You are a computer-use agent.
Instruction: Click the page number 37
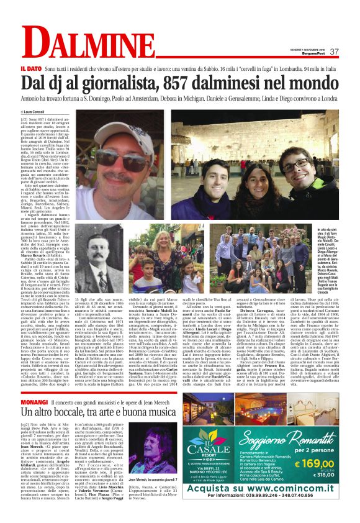pyautogui.click(x=334, y=51)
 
